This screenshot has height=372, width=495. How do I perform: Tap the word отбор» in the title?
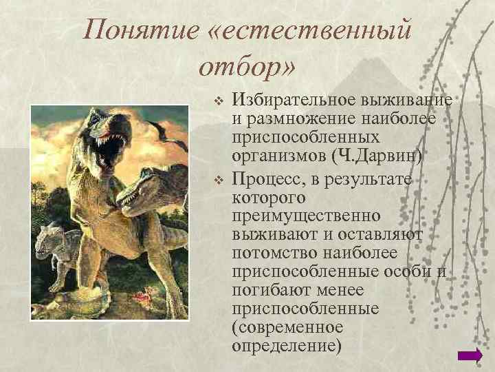(245, 67)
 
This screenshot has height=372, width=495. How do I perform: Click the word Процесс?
(264, 180)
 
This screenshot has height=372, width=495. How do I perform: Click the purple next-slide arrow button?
(470, 355)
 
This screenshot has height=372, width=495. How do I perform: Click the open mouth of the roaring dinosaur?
(110, 146)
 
